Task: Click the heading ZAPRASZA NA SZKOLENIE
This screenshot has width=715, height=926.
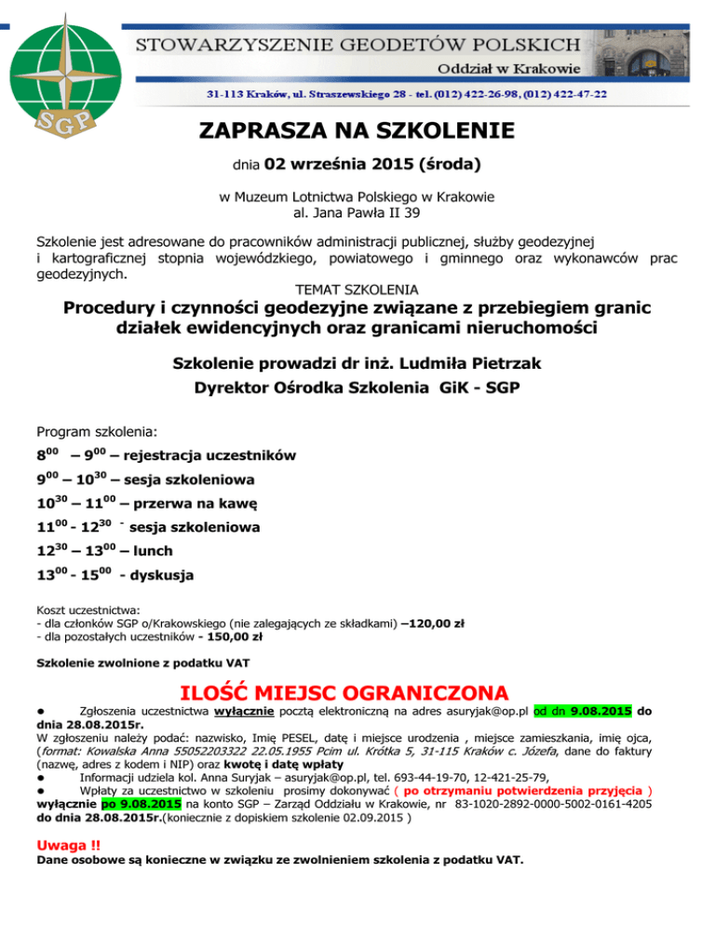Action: point(357,130)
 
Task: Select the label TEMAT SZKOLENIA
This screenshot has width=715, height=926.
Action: point(356,290)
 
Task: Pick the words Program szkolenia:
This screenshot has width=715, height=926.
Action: point(97,432)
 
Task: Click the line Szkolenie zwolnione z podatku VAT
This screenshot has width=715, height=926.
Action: point(142,664)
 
